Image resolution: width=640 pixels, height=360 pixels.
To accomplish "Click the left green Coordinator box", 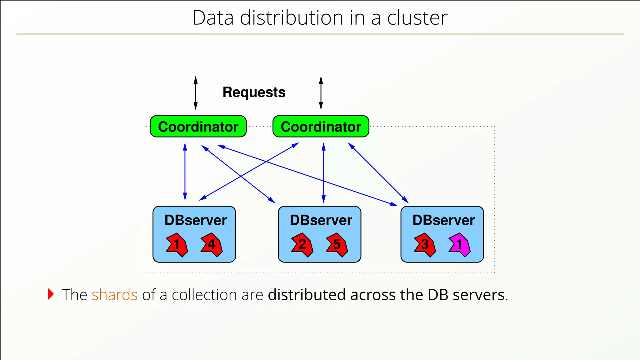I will point(198,127).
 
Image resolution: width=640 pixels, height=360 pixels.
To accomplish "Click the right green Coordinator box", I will point(321,127).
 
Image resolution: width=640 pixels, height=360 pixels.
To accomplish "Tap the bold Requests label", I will point(254,92).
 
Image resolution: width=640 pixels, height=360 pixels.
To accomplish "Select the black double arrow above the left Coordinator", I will point(196,93).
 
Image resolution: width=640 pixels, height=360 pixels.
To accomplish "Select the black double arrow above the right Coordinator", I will point(321,93).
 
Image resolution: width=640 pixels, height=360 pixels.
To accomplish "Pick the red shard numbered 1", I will point(177,245).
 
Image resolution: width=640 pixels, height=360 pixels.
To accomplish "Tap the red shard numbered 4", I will point(212,245).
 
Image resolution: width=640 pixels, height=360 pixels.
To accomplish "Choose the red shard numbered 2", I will point(302,245).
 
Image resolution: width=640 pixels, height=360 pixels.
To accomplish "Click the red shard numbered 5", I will point(337,245).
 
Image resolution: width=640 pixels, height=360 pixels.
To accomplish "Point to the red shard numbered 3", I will point(424,245).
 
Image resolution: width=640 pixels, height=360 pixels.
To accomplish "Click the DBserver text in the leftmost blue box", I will point(195,220).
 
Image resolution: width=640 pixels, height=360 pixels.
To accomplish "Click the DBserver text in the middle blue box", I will point(321,220).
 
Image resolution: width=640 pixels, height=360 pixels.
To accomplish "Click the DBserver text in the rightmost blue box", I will point(443,220).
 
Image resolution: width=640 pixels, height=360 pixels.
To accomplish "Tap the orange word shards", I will point(114,295).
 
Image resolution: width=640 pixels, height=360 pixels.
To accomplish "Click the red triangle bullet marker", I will point(51,294).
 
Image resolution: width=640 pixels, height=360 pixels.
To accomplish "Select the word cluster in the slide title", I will point(417,18).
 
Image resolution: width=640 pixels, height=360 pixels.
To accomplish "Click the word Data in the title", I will point(213,18).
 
